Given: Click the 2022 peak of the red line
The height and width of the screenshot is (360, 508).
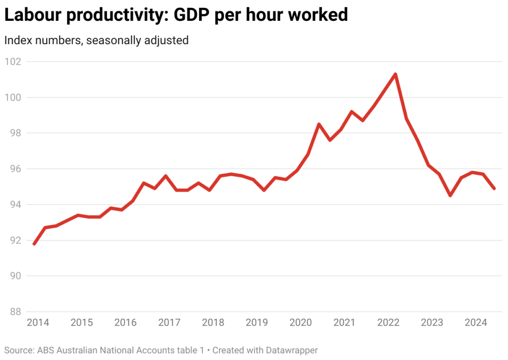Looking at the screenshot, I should (x=395, y=74).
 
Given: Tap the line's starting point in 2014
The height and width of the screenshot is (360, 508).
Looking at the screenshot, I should (x=34, y=244).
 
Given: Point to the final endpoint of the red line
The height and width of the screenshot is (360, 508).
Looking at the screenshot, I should (x=494, y=189).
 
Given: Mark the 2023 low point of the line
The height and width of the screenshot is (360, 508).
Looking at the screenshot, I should (x=450, y=196).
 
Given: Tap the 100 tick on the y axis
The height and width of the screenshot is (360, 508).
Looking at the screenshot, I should (x=13, y=97).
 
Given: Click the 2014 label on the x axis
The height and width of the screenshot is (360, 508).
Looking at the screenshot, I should (x=38, y=323).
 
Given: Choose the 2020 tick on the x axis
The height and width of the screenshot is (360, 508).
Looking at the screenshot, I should (x=301, y=323).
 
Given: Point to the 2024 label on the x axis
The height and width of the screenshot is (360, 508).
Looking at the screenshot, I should (x=475, y=323).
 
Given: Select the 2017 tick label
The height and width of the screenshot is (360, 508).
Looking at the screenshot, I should (x=169, y=323).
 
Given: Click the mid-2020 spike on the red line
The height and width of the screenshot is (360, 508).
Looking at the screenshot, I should (x=318, y=124).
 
